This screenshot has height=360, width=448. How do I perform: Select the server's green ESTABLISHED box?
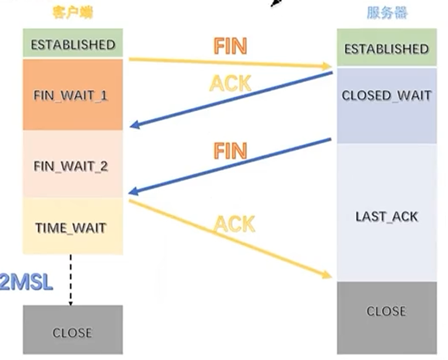point(386,48)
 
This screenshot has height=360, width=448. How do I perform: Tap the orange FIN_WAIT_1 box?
point(73,95)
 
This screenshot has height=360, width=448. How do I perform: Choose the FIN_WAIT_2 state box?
point(73,165)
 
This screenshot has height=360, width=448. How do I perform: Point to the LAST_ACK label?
point(387,217)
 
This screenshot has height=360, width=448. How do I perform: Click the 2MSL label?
point(26,283)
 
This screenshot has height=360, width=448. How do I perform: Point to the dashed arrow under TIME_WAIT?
point(71,279)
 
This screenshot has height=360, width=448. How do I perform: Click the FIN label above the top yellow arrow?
point(230,46)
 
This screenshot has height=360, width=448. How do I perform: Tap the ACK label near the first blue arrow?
point(230,83)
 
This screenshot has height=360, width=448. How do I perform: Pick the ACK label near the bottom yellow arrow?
point(234,224)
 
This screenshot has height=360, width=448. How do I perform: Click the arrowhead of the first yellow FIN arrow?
point(327,66)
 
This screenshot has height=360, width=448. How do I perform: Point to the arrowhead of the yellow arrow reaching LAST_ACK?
point(327,275)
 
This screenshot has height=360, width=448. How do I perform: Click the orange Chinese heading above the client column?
point(73,13)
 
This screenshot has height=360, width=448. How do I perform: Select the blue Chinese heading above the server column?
point(387,13)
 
